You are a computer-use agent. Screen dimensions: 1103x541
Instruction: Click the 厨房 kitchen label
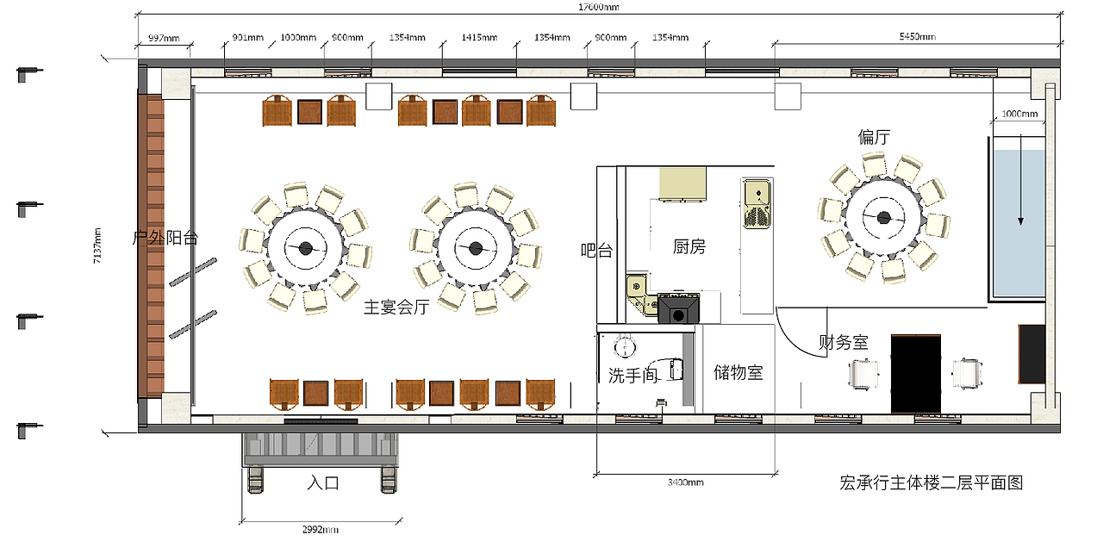point(689,246)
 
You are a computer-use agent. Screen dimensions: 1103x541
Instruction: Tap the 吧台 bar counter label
point(596,251)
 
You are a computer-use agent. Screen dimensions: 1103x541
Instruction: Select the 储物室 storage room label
point(738,373)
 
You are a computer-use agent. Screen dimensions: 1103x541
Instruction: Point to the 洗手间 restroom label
point(633,376)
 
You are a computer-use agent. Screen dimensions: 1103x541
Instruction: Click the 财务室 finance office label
point(844,342)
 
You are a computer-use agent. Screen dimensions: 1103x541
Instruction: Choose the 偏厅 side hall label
point(874,137)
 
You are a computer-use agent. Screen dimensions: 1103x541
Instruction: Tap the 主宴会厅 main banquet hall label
point(396,308)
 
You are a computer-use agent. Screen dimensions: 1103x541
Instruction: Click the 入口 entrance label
point(323,482)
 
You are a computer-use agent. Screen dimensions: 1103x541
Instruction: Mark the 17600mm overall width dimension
point(598,7)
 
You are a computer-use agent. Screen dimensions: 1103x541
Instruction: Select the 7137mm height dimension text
point(97,246)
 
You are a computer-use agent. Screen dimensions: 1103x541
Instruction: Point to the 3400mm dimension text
point(685,482)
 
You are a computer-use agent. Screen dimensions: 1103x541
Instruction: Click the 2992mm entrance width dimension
point(320,530)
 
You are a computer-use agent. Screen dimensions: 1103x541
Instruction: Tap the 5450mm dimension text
point(918,36)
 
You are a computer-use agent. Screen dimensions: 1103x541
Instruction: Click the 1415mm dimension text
point(479,37)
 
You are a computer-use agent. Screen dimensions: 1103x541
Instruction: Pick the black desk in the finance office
point(916,374)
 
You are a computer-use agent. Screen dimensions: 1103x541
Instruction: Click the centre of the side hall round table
point(884,217)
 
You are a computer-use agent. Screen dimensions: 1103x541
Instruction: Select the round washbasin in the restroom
point(625,346)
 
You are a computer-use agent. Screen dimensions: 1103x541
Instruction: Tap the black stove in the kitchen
point(678,308)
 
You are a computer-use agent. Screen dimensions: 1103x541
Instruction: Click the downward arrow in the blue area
point(1021,180)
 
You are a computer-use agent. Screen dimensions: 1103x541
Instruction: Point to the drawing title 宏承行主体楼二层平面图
point(932,483)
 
